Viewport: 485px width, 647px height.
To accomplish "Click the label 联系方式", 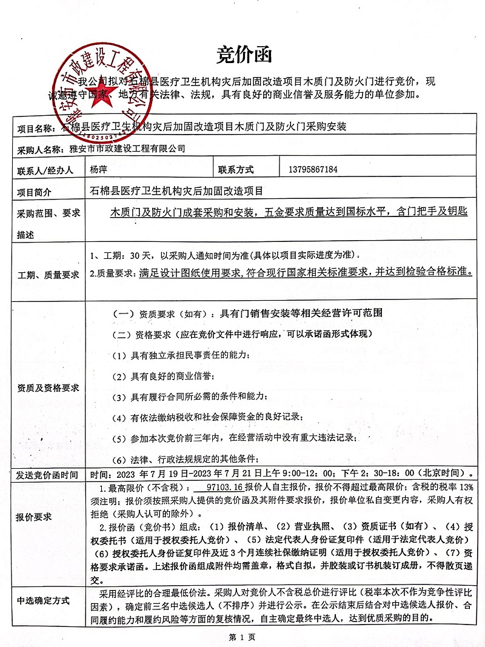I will tap(236, 170).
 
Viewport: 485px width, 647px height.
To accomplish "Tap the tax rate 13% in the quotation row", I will tap(464, 487).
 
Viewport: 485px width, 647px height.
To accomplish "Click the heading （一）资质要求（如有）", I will tap(159, 313).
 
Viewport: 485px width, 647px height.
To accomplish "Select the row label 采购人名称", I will tap(40, 149).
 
